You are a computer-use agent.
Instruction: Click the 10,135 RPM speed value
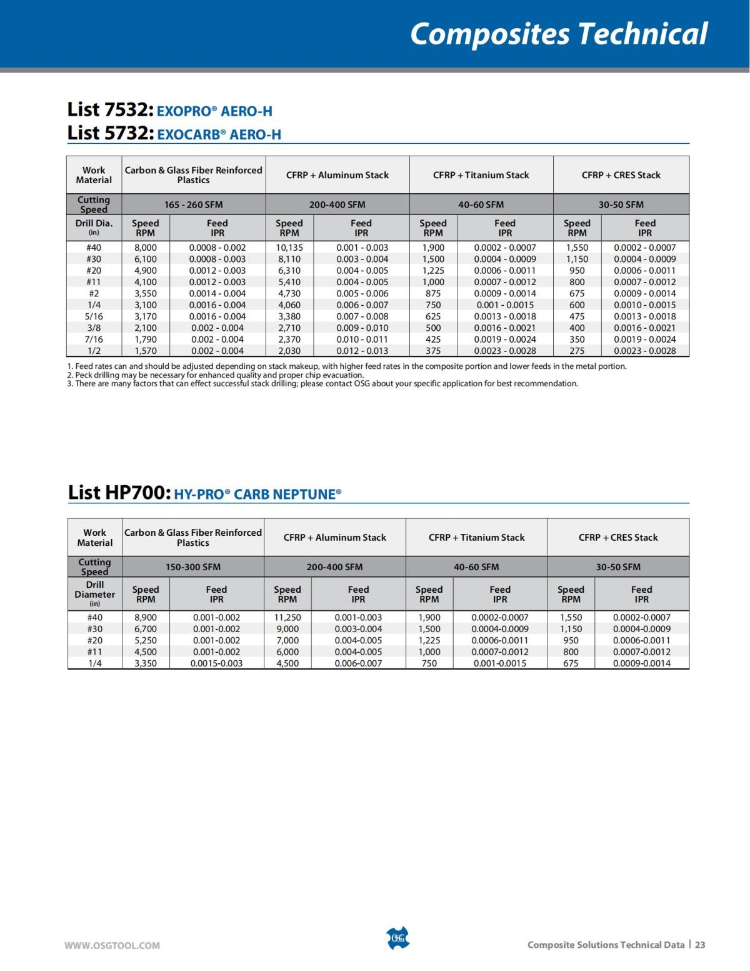click(289, 248)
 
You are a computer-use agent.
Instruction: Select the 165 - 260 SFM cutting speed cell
click(193, 204)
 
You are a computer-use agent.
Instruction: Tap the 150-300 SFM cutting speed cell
click(192, 567)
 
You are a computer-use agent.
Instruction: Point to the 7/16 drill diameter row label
click(94, 340)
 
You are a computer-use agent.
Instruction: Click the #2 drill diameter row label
click(94, 293)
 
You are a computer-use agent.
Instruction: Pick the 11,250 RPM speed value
click(287, 617)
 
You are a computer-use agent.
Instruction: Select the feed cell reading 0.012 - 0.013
click(362, 351)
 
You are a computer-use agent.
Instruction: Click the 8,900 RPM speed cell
click(146, 617)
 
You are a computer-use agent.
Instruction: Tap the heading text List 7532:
click(110, 109)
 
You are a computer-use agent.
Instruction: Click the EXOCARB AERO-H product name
click(219, 134)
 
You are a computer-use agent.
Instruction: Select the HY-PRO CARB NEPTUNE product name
click(257, 495)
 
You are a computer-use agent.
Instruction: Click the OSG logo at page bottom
click(397, 938)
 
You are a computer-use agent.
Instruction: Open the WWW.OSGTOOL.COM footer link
click(112, 945)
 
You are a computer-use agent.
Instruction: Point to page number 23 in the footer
click(700, 945)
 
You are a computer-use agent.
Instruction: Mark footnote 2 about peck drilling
click(215, 375)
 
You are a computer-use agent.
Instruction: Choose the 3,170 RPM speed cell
click(146, 316)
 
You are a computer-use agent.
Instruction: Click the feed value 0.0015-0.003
click(216, 663)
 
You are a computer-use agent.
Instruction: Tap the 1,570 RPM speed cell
click(146, 351)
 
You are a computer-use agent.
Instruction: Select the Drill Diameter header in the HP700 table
click(95, 593)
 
